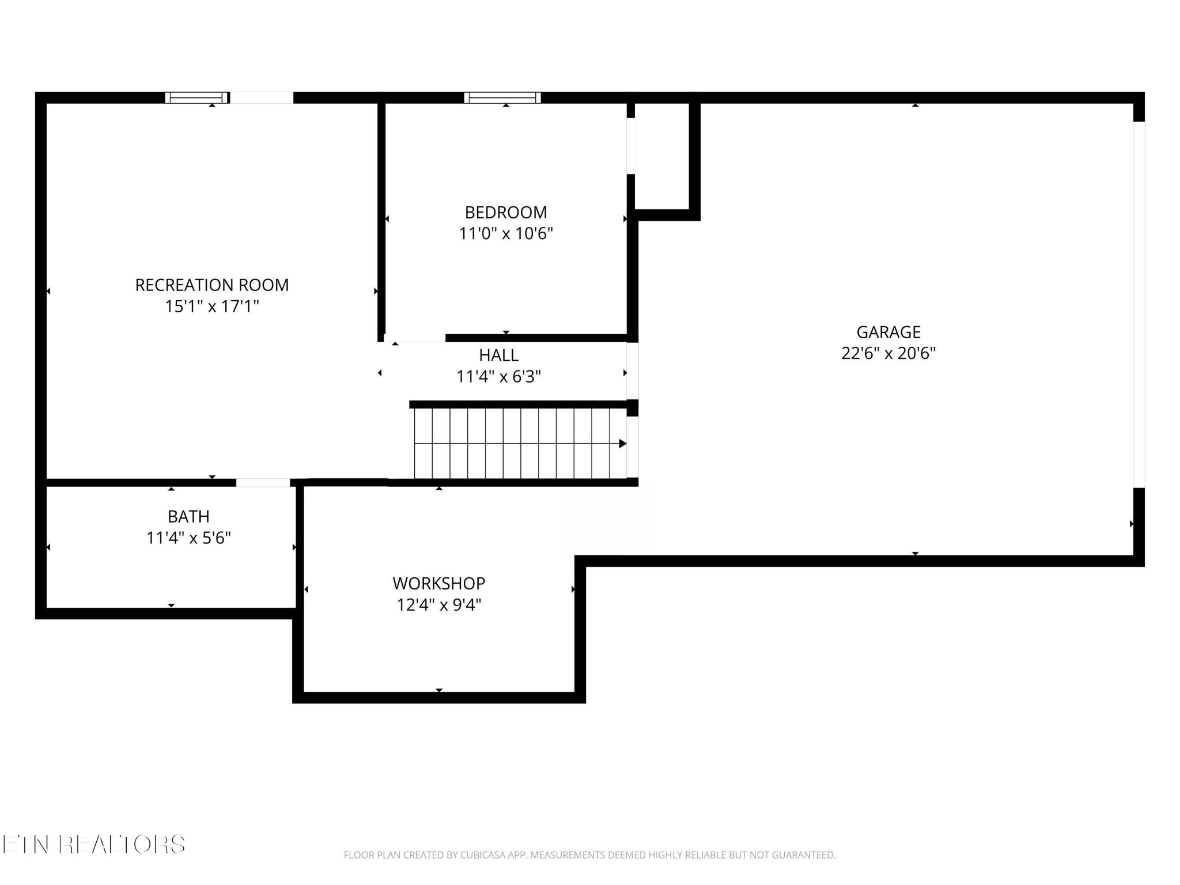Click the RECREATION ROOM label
(212, 285)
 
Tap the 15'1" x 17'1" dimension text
(212, 307)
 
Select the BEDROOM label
(506, 213)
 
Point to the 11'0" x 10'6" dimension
(506, 234)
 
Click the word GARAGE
(888, 332)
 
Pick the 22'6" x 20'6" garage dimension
(888, 353)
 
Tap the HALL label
(499, 355)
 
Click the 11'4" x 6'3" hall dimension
(499, 377)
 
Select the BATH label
(188, 517)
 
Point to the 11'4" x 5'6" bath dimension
(188, 538)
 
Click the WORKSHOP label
(439, 584)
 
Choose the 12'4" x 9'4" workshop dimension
(439, 605)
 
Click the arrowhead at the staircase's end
(623, 444)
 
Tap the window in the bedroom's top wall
(502, 97)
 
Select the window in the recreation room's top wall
(197, 97)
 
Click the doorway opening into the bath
(263, 483)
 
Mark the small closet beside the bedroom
(662, 156)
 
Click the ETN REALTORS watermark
(93, 845)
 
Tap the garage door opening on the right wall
(1139, 305)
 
